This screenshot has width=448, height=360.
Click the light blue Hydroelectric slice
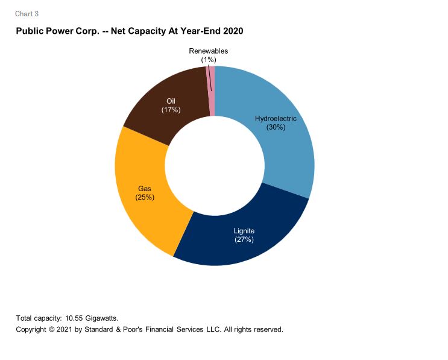tap(283, 151)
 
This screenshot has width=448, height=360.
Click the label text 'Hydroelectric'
tap(276, 119)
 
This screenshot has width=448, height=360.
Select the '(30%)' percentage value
tap(276, 127)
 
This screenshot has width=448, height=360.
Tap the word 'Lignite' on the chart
tap(244, 231)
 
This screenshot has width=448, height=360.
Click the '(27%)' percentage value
tap(244, 239)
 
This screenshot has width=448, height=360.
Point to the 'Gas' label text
tap(145, 189)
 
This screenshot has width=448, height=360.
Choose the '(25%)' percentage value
tap(145, 197)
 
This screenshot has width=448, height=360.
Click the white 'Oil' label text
tap(171, 101)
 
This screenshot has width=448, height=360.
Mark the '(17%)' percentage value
tap(171, 110)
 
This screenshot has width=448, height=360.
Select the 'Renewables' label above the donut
tap(209, 51)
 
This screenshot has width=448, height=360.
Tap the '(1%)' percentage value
tap(209, 60)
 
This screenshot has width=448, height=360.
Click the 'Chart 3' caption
tap(27, 14)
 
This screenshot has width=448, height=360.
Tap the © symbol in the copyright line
tap(54, 330)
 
